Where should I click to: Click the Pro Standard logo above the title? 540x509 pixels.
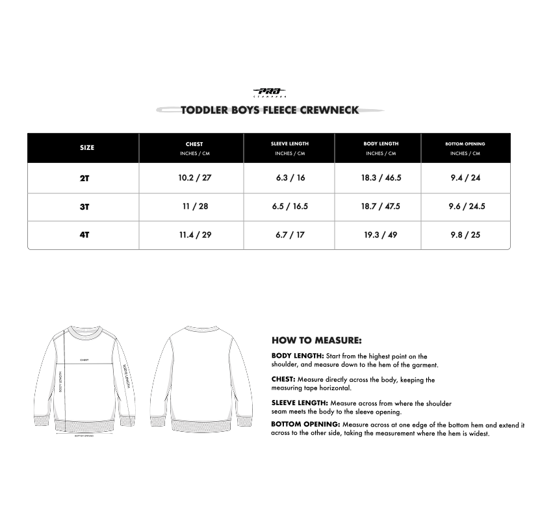pos(270,93)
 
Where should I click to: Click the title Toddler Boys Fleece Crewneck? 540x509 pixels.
pos(270,110)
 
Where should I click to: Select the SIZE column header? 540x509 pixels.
pos(87,148)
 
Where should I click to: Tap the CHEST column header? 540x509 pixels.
pos(194,144)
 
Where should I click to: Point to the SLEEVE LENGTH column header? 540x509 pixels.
pos(290,143)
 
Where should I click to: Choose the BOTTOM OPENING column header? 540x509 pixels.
pos(465,143)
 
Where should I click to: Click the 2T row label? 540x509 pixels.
pos(84,178)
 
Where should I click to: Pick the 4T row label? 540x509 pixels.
pos(84,235)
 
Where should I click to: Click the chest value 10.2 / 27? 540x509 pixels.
pos(195,178)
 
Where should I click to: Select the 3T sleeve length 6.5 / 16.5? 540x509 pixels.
pos(290,206)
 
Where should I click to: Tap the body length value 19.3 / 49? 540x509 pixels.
pos(381,235)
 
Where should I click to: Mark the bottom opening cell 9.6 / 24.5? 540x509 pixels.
pos(467,206)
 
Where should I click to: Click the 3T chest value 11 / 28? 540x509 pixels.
pos(195,206)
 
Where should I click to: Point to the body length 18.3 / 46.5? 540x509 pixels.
pos(381,178)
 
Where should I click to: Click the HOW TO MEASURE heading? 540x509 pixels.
pos(316,340)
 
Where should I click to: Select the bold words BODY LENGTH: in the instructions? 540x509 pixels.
pos(298,356)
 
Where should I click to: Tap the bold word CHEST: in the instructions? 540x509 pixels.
pos(283,379)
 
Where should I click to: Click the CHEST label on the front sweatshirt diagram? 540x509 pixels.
pos(84,359)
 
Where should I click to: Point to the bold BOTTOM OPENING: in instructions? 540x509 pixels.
pos(305,425)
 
